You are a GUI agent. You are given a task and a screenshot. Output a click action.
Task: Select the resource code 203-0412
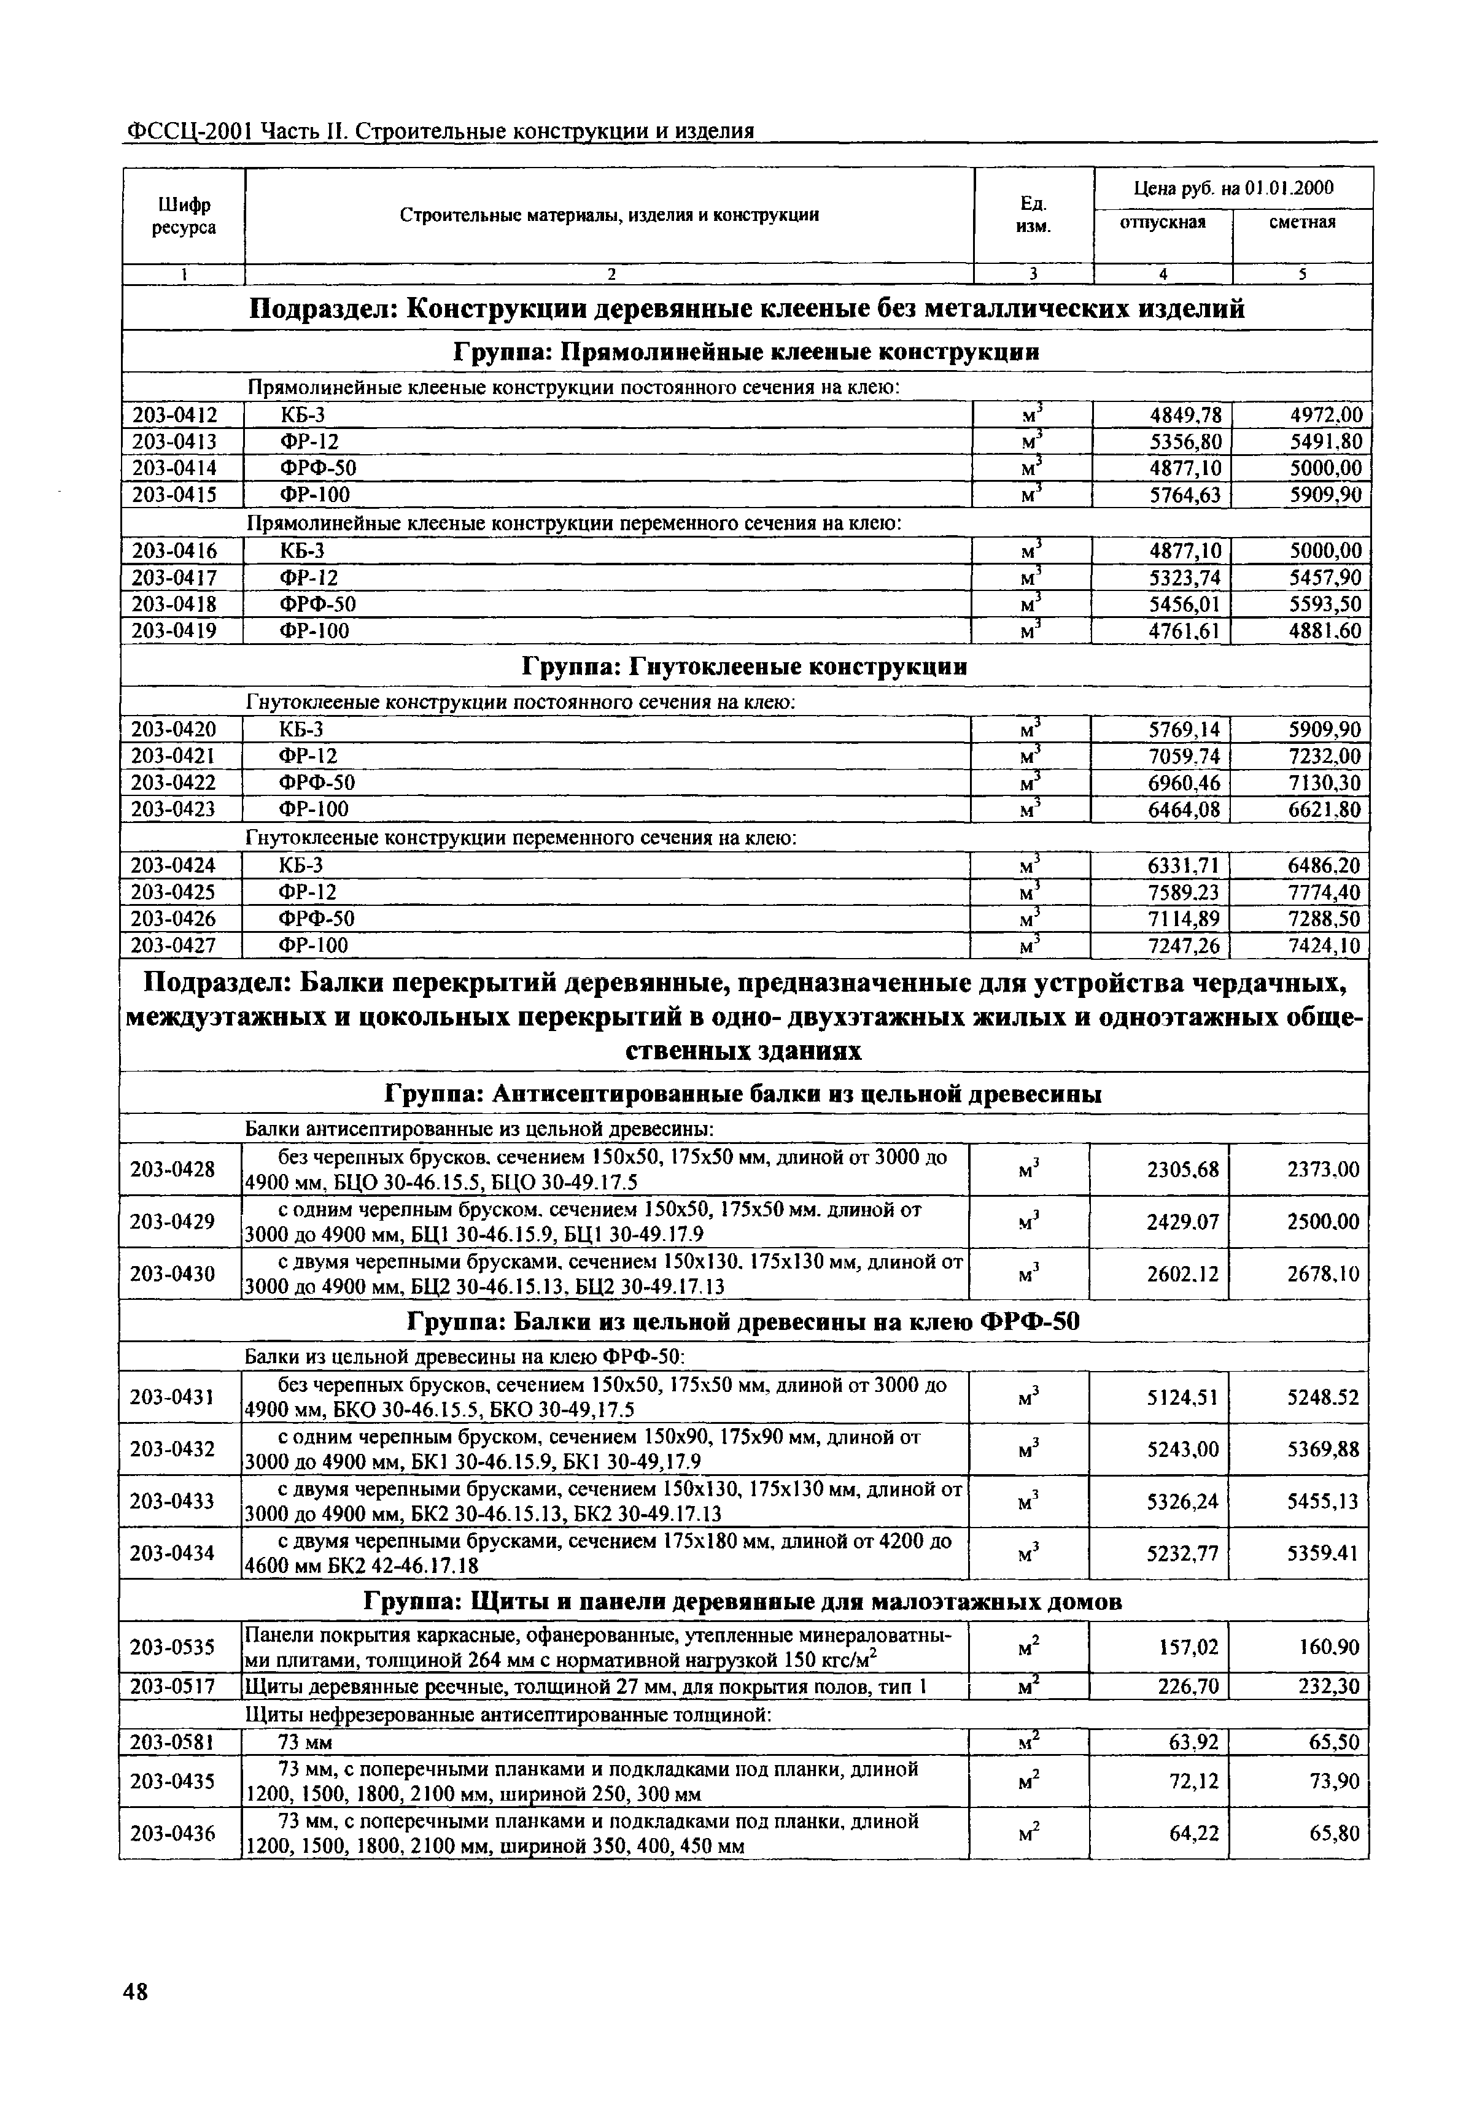[175, 415]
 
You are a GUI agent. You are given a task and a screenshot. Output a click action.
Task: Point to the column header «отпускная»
[1163, 222]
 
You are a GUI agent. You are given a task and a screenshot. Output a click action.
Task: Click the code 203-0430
[173, 1272]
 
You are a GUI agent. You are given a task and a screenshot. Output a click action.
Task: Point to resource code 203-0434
[173, 1553]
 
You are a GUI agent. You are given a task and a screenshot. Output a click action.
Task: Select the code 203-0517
[173, 1685]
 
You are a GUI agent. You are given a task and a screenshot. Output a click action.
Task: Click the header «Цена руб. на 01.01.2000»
[1233, 188]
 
